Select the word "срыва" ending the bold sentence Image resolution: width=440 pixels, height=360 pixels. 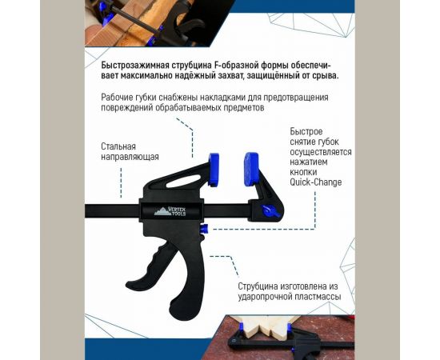click(x=322, y=76)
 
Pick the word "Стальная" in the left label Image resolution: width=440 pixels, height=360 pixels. click(x=118, y=146)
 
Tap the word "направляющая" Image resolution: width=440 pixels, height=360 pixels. click(x=130, y=158)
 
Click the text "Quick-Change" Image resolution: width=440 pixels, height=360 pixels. click(x=316, y=182)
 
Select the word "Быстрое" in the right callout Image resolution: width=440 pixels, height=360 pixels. click(x=307, y=130)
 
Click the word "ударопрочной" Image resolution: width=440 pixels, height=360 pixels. click(x=269, y=296)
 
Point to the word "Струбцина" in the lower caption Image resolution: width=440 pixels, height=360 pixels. click(x=262, y=285)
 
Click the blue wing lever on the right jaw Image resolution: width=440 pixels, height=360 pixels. click(x=270, y=210)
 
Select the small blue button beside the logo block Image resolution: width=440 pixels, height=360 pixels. click(x=204, y=230)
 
